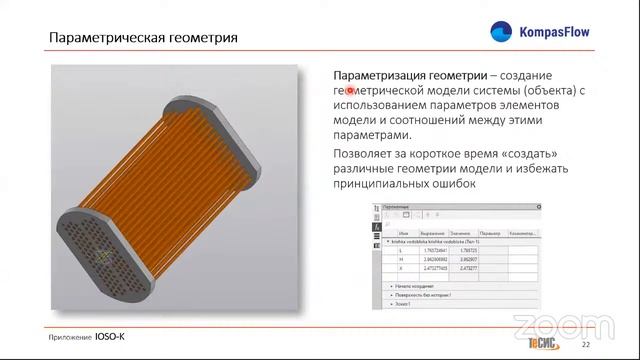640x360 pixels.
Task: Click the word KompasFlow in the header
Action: coord(553,33)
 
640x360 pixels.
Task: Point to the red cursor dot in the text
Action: coord(351,91)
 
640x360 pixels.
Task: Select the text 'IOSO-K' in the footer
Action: coord(110,337)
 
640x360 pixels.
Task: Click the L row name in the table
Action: coord(401,250)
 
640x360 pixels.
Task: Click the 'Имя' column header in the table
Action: coord(401,232)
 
